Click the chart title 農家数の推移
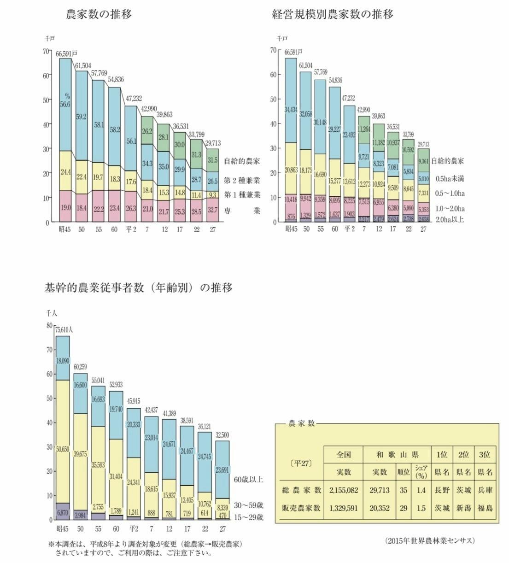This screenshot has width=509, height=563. coord(99,15)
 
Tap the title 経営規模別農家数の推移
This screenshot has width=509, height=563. coord(332,15)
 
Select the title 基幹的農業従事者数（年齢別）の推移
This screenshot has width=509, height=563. coord(139,288)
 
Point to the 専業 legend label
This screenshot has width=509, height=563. coord(242,211)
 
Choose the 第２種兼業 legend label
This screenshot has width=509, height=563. coord(242,180)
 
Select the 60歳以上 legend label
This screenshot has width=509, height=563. coord(248,480)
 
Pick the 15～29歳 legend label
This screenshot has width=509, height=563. coord(248,517)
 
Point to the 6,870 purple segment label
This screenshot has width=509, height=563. coord(63,512)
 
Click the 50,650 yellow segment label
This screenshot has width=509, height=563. coord(63,450)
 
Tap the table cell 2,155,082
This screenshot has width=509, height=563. coord(344,490)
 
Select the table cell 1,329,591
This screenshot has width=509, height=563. coord(344,508)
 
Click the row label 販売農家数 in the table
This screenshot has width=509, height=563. coord(301,508)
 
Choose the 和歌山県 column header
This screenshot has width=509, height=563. coord(397,455)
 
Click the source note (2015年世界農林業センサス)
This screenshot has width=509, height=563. coord(430,540)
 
